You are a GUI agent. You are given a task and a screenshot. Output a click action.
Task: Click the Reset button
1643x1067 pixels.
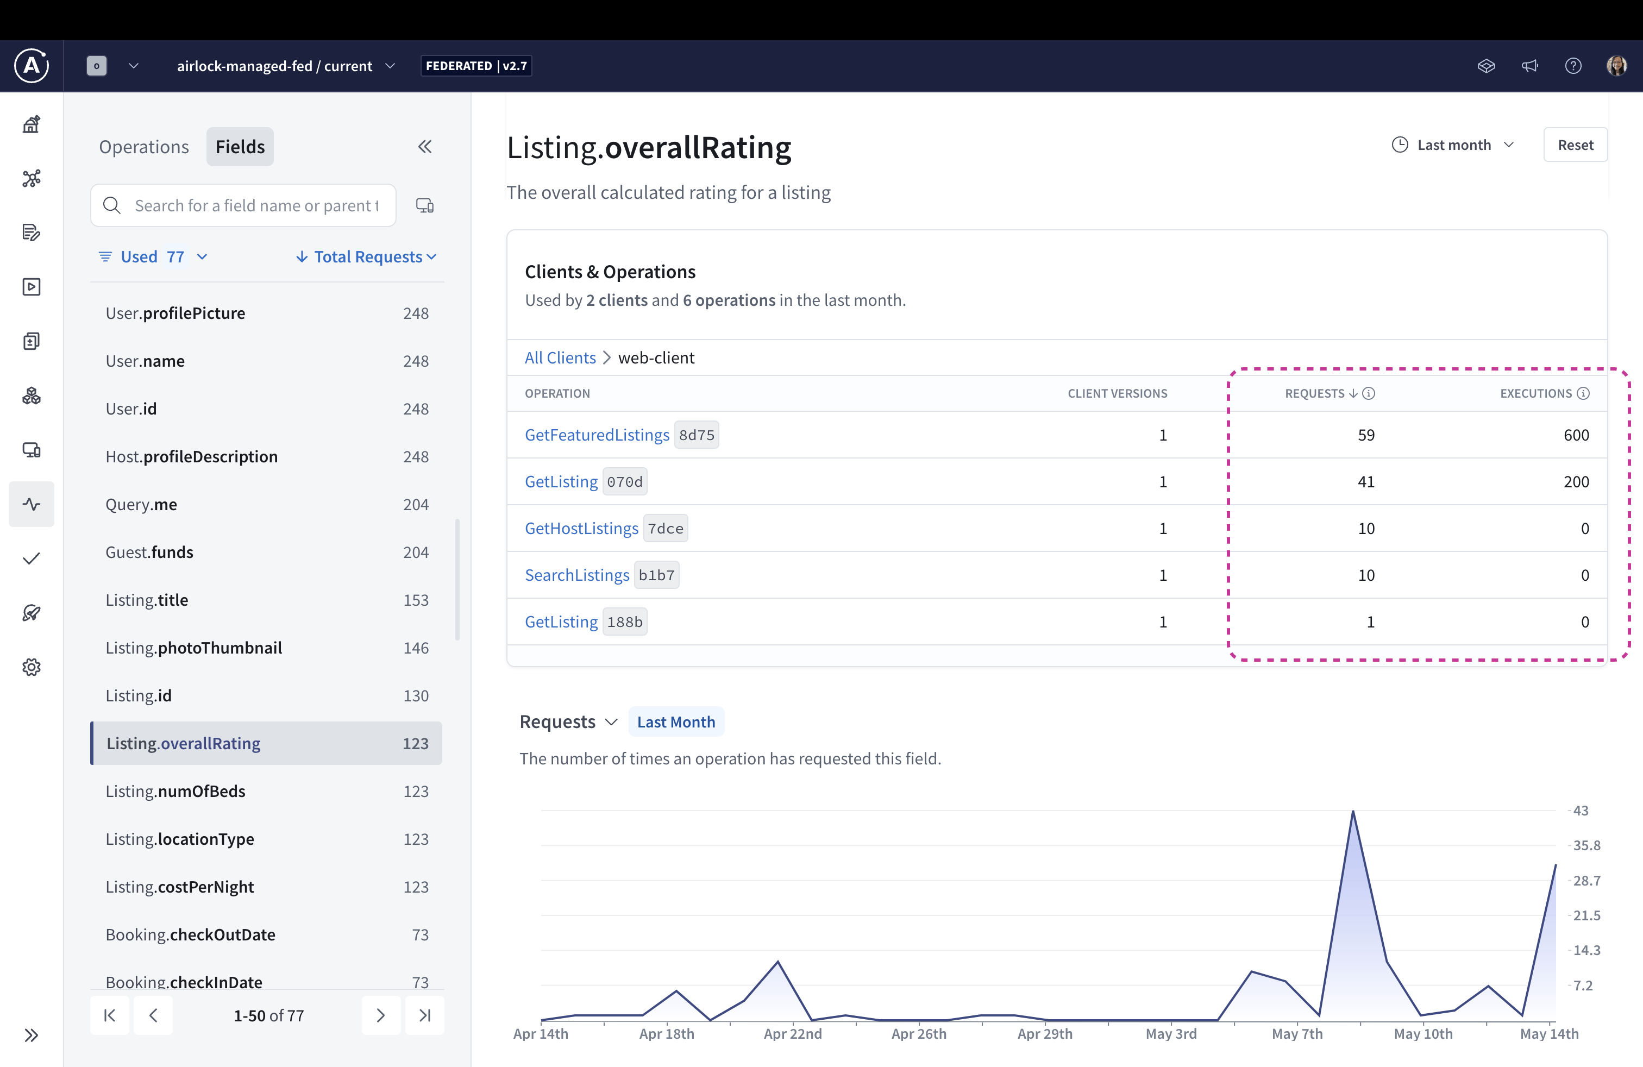click(1575, 145)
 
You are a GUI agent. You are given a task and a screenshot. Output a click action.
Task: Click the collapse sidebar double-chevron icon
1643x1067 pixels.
click(424, 146)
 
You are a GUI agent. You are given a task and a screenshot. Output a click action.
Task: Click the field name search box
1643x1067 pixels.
click(255, 206)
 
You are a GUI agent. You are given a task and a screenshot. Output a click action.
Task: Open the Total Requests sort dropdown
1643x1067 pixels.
click(367, 257)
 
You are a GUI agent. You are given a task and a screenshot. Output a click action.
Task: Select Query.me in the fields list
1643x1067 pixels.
click(141, 505)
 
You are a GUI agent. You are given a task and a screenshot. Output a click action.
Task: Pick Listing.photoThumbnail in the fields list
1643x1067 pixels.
click(193, 648)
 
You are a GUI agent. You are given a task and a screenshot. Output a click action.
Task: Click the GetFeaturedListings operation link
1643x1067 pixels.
click(597, 435)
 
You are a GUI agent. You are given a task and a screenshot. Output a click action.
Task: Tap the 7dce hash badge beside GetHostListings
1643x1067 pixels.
click(665, 529)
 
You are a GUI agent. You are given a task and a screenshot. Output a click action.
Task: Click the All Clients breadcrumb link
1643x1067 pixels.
click(559, 357)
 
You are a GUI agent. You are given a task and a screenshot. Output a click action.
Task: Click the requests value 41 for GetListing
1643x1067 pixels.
click(1365, 482)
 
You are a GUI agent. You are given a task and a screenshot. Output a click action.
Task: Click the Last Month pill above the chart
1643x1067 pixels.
click(675, 722)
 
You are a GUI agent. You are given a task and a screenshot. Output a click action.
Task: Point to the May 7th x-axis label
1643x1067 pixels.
click(1296, 1034)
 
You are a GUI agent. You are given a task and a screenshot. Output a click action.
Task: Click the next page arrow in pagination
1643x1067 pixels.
click(380, 1015)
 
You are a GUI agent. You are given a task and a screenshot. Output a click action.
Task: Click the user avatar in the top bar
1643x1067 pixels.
click(1615, 66)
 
